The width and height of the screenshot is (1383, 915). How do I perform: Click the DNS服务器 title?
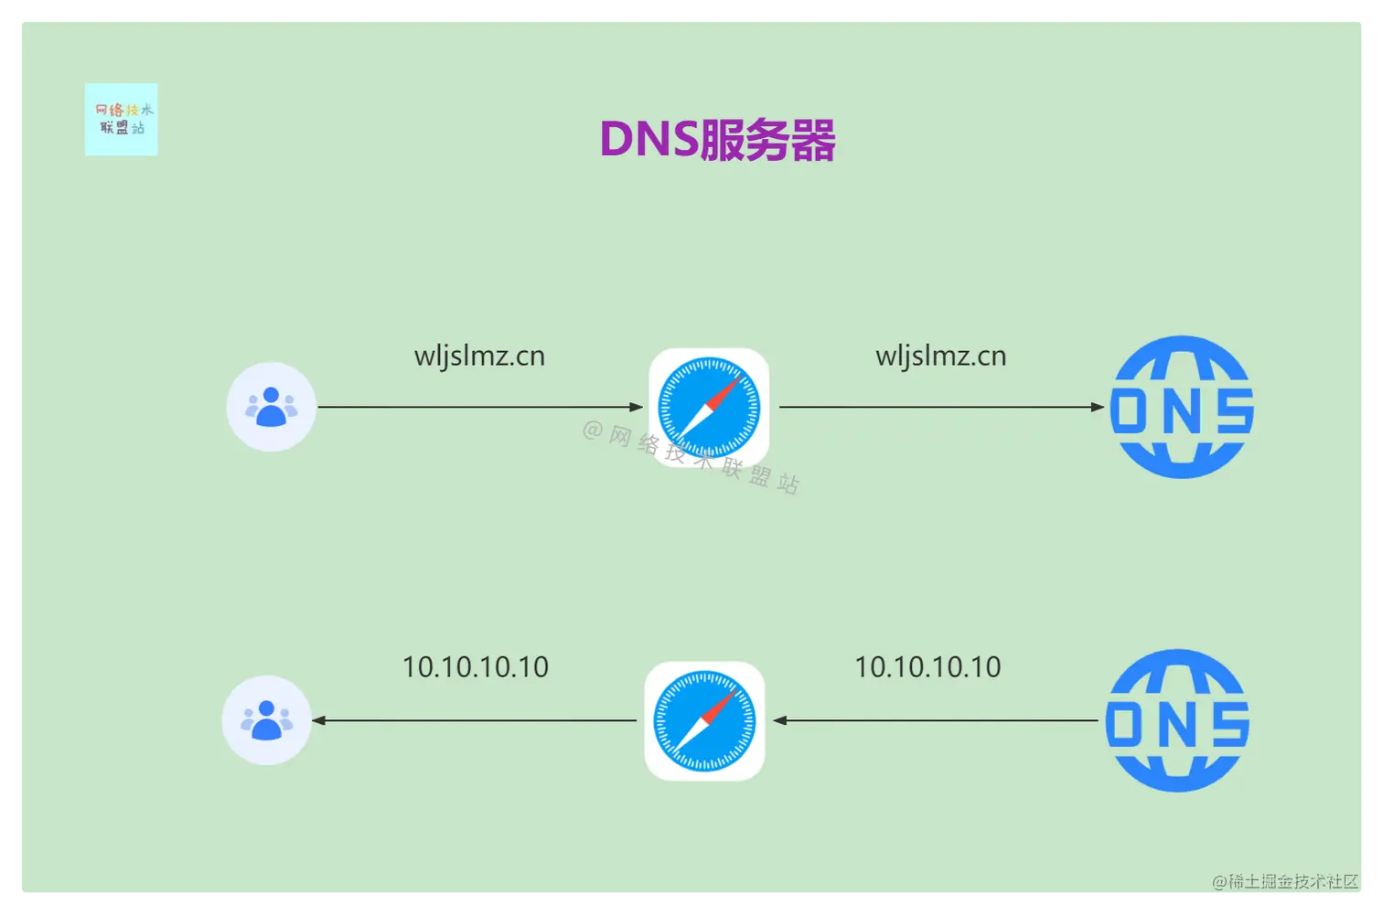(x=717, y=141)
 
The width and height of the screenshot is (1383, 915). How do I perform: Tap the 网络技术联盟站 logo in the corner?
(x=121, y=120)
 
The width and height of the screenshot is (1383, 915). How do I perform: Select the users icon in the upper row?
(x=271, y=407)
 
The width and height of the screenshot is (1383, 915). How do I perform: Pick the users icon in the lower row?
(x=266, y=720)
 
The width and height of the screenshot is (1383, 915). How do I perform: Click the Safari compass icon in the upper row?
(x=709, y=407)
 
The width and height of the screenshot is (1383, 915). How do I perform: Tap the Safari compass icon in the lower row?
(x=704, y=720)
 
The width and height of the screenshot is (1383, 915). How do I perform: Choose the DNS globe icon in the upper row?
(x=1182, y=407)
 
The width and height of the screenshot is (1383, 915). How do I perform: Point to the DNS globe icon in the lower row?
(x=1177, y=720)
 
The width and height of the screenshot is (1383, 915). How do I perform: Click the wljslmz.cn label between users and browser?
(x=479, y=356)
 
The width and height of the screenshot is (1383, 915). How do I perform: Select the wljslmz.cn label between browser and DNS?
(x=940, y=356)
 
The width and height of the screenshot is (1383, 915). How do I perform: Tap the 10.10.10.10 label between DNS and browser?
(x=927, y=667)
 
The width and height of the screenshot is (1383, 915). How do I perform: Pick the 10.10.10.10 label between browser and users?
(x=476, y=667)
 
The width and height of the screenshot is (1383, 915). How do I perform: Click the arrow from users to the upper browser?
(x=480, y=407)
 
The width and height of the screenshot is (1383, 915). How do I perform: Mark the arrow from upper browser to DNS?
(x=942, y=407)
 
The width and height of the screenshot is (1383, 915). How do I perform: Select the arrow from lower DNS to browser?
(x=935, y=720)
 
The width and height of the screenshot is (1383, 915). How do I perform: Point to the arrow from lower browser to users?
(x=474, y=720)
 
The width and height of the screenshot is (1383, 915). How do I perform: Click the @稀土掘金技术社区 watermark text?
(x=1285, y=881)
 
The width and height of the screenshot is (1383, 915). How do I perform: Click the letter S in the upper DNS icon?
(x=1234, y=410)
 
